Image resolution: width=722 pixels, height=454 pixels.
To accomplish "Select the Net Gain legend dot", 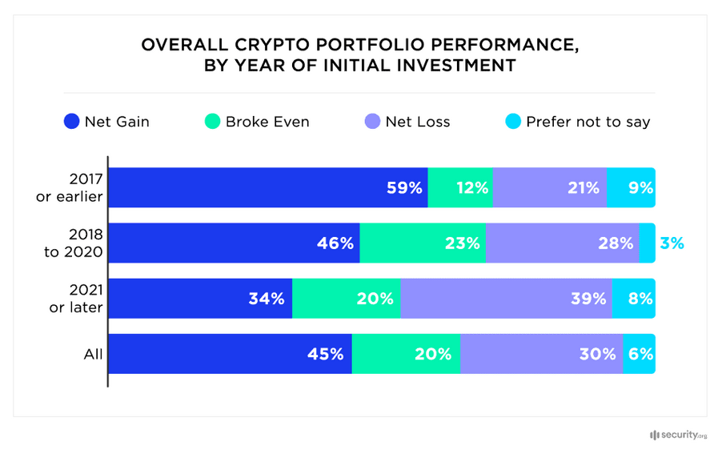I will [x=71, y=123].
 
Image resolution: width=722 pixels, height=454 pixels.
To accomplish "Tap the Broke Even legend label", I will [x=267, y=123].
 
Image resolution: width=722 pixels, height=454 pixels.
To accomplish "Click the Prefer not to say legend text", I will [x=588, y=123].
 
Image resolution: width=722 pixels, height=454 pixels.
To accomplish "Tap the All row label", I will [x=93, y=354].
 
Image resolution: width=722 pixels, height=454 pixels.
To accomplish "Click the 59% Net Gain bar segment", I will [x=268, y=188].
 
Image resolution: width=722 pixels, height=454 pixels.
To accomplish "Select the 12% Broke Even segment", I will [x=460, y=188].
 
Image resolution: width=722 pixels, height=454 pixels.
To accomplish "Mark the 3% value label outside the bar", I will [x=672, y=243].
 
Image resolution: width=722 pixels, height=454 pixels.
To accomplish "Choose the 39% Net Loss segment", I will [x=506, y=299].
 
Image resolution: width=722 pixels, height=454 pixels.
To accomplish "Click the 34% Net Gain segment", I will [x=200, y=299].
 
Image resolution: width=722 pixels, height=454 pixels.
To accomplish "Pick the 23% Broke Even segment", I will [x=423, y=243].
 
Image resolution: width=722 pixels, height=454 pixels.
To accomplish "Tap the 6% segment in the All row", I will [x=640, y=354].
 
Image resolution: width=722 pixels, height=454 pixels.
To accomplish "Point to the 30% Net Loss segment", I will [x=541, y=354].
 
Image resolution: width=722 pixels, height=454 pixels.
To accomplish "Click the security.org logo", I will [x=678, y=435].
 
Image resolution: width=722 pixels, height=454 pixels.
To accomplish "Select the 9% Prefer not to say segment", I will [x=631, y=188].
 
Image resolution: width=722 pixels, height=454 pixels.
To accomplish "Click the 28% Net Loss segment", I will [x=562, y=243].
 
